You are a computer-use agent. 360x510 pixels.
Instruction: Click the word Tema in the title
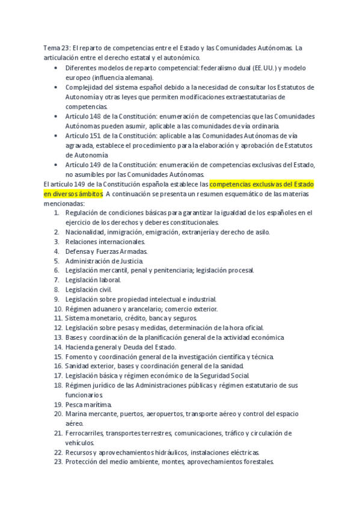click(52, 48)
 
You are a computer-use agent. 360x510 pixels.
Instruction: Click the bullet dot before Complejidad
click(56, 87)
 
